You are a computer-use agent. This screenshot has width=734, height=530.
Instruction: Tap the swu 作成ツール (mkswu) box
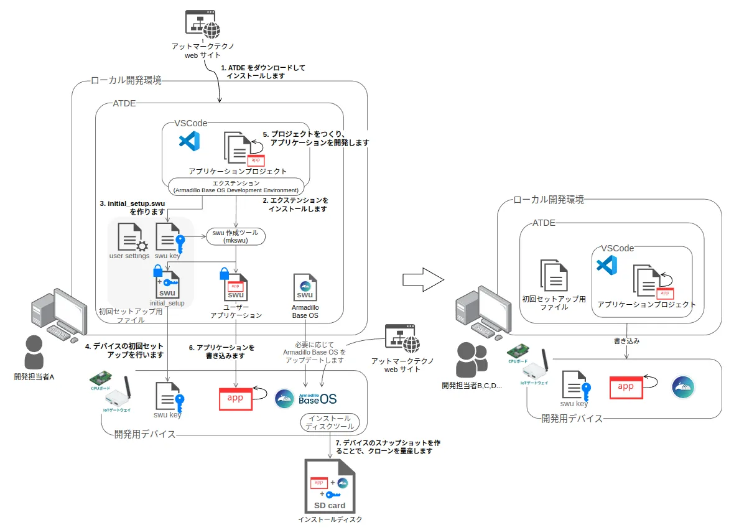[x=236, y=236]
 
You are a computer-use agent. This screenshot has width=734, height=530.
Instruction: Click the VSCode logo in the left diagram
[x=189, y=142]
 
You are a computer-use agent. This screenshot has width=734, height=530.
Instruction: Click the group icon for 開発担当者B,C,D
[x=472, y=360]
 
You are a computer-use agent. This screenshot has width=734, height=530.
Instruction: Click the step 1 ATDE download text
[x=264, y=72]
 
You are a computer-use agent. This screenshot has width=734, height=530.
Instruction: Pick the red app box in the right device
[x=625, y=387]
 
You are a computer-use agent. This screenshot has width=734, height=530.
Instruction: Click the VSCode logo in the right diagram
[x=606, y=266]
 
